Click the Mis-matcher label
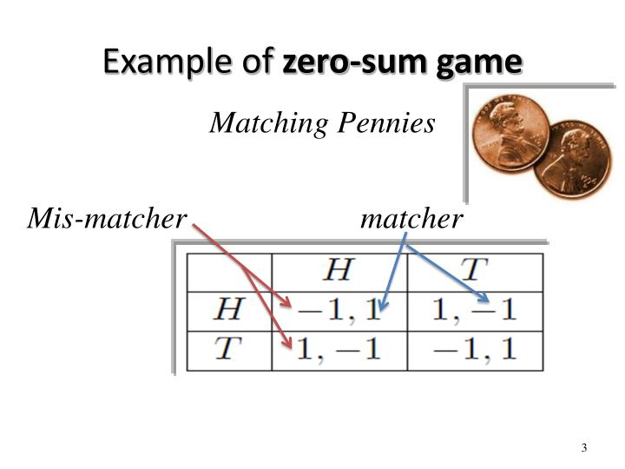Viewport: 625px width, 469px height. pos(107,219)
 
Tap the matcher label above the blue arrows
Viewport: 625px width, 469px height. pos(411,219)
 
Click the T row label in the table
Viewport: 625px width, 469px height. pos(228,349)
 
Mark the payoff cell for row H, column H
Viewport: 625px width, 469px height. pos(339,310)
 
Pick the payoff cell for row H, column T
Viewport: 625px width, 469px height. pos(474,310)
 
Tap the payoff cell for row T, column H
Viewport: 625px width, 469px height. pos(339,349)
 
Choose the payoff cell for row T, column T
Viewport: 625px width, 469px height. pos(474,349)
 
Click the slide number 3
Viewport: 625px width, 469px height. pos(584,448)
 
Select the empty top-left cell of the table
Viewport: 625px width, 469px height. pos(229,271)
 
